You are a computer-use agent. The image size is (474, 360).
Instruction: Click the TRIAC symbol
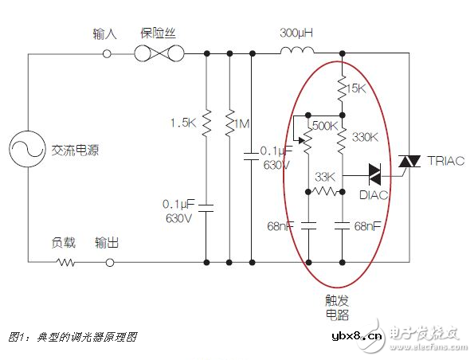click(x=409, y=162)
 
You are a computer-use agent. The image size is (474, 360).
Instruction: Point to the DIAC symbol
click(x=379, y=170)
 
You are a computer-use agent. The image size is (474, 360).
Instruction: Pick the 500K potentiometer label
click(x=323, y=126)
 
